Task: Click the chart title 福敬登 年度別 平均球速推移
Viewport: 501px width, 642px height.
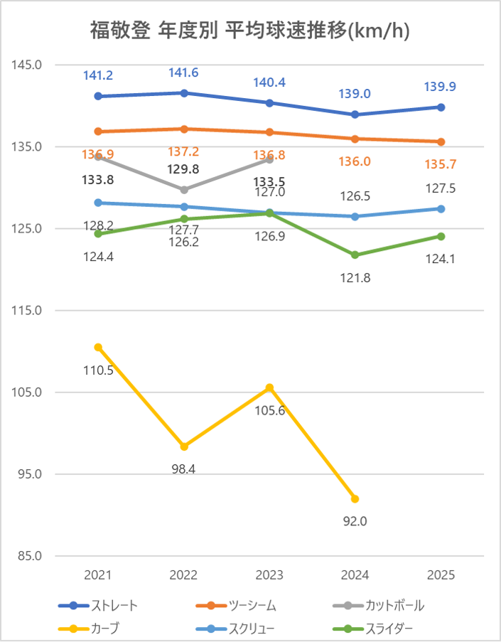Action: point(250,31)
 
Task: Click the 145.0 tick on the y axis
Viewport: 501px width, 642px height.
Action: point(28,65)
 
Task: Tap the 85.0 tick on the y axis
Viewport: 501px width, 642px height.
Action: point(28,556)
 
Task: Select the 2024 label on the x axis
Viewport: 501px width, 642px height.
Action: point(355,574)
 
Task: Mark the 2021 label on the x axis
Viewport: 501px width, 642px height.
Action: point(98,574)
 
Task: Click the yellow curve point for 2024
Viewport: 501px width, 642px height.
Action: point(355,498)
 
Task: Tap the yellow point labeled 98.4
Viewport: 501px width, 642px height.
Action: point(184,446)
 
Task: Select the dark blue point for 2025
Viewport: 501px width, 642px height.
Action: point(441,107)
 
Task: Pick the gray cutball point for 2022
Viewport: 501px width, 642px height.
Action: point(184,190)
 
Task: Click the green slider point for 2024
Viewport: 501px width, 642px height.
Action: point(355,255)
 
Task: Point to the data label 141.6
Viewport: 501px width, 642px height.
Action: point(184,73)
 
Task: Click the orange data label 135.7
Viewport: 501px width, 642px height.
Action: point(441,164)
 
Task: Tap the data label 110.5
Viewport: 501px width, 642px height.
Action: point(98,370)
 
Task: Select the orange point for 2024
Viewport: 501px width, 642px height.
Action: point(355,139)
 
